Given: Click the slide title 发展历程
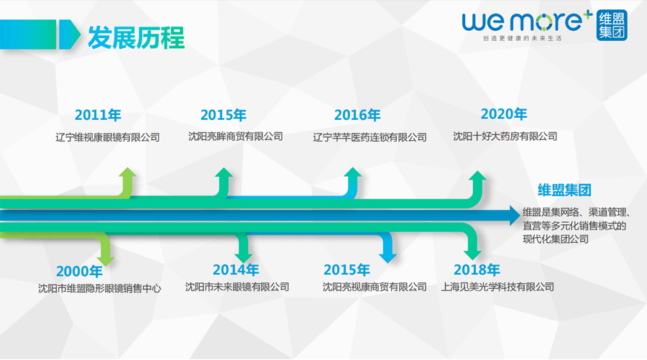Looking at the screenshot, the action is tap(136, 37).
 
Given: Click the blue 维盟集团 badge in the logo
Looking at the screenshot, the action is tap(612, 25).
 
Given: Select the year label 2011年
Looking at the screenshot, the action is tap(98, 115).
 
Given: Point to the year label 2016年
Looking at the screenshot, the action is tap(357, 115).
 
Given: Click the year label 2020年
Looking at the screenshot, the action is tap(504, 114).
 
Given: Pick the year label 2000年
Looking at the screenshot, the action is tap(79, 272).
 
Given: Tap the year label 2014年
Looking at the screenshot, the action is tap(236, 269).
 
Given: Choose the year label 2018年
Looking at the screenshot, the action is tap(477, 269).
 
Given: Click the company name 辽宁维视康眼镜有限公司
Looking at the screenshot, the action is tap(108, 137).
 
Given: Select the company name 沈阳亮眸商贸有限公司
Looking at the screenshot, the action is tap(236, 137).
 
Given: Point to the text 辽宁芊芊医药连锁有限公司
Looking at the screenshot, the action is tap(370, 137).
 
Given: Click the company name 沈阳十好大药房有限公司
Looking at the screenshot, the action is tap(505, 137).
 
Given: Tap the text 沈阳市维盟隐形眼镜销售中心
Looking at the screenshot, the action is tap(99, 288).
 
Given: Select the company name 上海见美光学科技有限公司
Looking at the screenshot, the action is tap(497, 287).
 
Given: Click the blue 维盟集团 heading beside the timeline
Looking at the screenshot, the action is tap(564, 190).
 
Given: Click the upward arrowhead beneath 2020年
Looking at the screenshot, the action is tap(478, 175).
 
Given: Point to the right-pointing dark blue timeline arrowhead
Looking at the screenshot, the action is tap(515, 216).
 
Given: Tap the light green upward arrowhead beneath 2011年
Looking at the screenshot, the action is tap(127, 172).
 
